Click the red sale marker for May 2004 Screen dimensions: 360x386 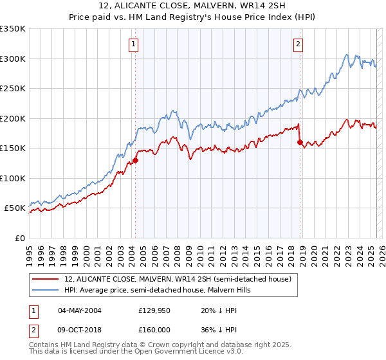point(135,161)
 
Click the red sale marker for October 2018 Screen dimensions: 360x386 point(300,143)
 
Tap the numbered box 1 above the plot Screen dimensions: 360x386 point(133,44)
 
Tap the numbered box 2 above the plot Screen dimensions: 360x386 point(299,44)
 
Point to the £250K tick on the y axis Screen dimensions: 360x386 point(13,89)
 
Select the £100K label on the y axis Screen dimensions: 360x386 point(13,178)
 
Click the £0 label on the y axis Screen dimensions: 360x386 point(20,238)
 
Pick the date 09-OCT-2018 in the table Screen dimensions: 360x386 point(80,328)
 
